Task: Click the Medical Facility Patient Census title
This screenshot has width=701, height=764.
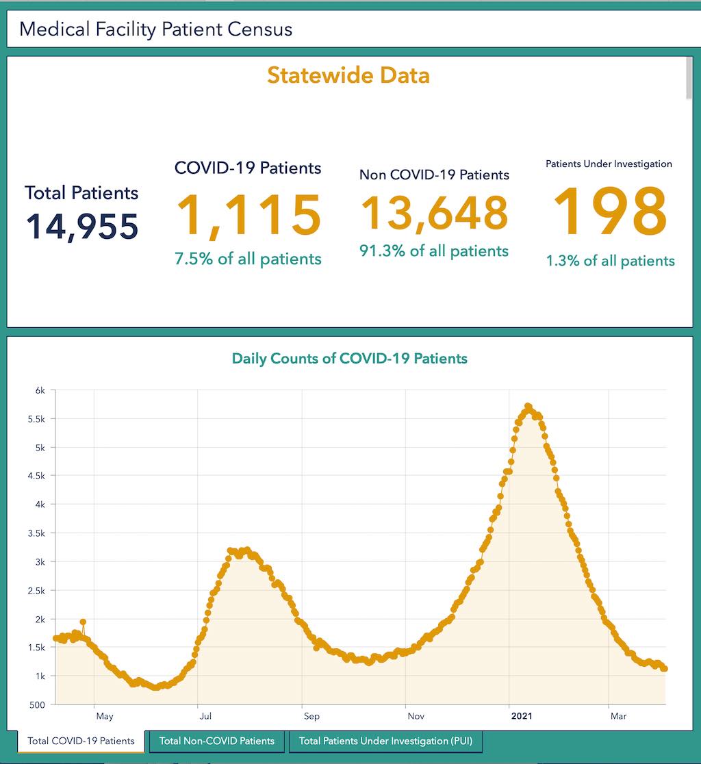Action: pyautogui.click(x=155, y=29)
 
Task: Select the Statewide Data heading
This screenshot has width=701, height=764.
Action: pyautogui.click(x=348, y=75)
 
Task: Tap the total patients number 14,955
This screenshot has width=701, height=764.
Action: pyautogui.click(x=82, y=227)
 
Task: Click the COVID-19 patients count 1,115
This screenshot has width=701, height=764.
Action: pyautogui.click(x=248, y=216)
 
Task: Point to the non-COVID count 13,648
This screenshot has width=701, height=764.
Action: pyautogui.click(x=434, y=212)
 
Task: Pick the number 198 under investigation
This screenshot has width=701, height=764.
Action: pyautogui.click(x=610, y=212)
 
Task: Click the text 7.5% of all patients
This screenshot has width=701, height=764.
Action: pyautogui.click(x=248, y=259)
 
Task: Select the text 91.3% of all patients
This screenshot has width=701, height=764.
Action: pyautogui.click(x=434, y=251)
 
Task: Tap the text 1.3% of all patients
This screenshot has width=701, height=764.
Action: pyautogui.click(x=610, y=261)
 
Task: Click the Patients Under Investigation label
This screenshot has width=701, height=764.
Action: pyautogui.click(x=609, y=164)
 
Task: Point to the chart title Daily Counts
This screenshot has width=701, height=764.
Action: pyautogui.click(x=349, y=358)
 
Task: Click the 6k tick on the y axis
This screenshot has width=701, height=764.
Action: pyautogui.click(x=40, y=390)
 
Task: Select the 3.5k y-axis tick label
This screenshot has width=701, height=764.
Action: pyautogui.click(x=37, y=533)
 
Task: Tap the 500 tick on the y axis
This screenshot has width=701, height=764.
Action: pyautogui.click(x=37, y=704)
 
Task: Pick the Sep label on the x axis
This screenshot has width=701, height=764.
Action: pyautogui.click(x=311, y=717)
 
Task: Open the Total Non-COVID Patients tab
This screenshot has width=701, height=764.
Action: pyautogui.click(x=216, y=741)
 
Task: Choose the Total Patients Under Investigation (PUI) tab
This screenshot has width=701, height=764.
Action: pyautogui.click(x=385, y=741)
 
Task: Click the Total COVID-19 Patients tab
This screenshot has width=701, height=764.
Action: pyautogui.click(x=81, y=741)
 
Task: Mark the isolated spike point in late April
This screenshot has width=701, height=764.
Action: pyautogui.click(x=83, y=622)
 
